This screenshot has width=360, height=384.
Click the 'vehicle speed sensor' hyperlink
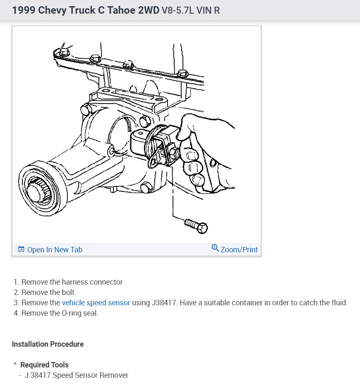pyautogui.click(x=96, y=303)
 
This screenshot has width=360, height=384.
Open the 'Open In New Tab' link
pyautogui.click(x=55, y=249)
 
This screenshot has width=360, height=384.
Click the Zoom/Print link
pyautogui.click(x=239, y=249)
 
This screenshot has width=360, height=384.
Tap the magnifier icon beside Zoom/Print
pyautogui.click(x=215, y=248)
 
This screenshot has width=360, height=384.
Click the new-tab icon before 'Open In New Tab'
pyautogui.click(x=21, y=249)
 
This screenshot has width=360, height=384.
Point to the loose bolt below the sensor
pyautogui.click(x=196, y=226)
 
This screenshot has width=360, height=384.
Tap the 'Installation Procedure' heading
pyautogui.click(x=48, y=344)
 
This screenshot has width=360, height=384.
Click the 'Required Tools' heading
pyautogui.click(x=44, y=365)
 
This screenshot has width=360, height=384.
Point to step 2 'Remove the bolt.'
pyautogui.click(x=49, y=292)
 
